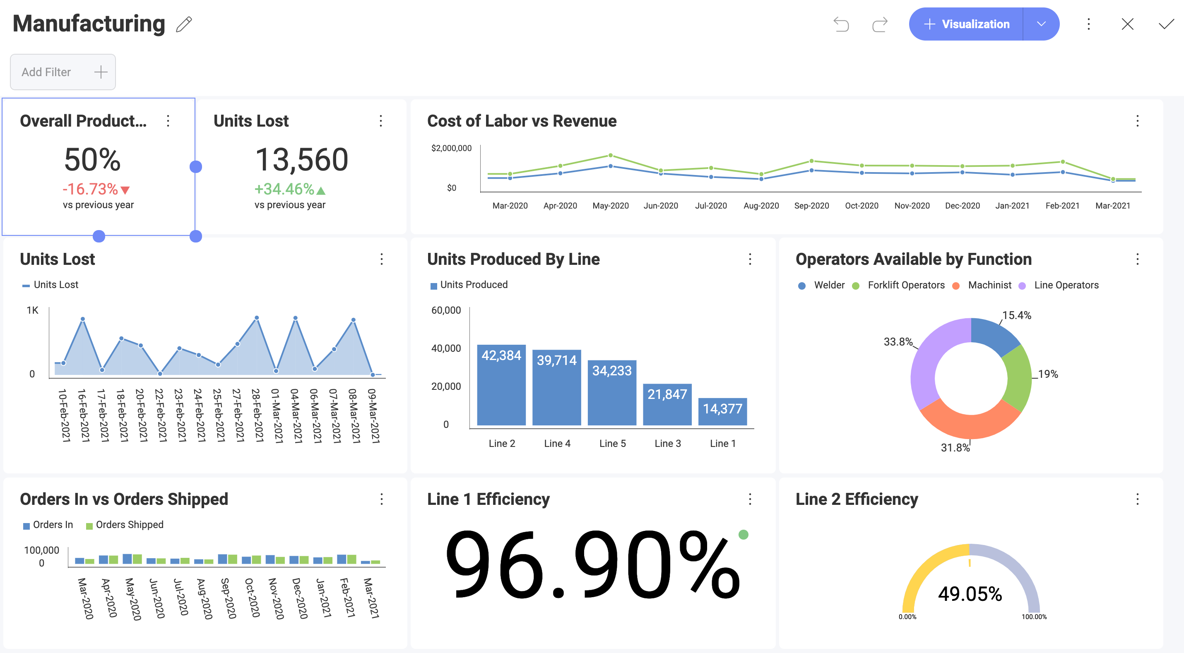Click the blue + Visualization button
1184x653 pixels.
tap(966, 24)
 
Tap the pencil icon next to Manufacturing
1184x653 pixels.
tap(184, 24)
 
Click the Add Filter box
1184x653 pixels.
tap(63, 72)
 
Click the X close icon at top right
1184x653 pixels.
tap(1127, 24)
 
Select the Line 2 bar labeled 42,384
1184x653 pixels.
tap(501, 385)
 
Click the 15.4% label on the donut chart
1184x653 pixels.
tap(1016, 315)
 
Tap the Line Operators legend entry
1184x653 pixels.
tap(1066, 286)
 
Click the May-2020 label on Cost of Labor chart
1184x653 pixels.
tap(610, 206)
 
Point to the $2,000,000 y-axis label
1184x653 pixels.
tap(451, 148)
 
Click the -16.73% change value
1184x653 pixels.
tap(91, 189)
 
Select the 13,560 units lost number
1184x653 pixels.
tap(301, 159)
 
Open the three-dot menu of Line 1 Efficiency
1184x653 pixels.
tap(750, 499)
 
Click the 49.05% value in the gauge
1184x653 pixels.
tap(970, 594)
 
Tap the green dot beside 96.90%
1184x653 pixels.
tap(743, 534)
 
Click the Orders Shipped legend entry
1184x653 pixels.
tap(129, 525)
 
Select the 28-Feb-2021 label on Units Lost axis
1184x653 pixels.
tap(257, 415)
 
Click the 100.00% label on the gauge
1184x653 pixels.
tap(1034, 617)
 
